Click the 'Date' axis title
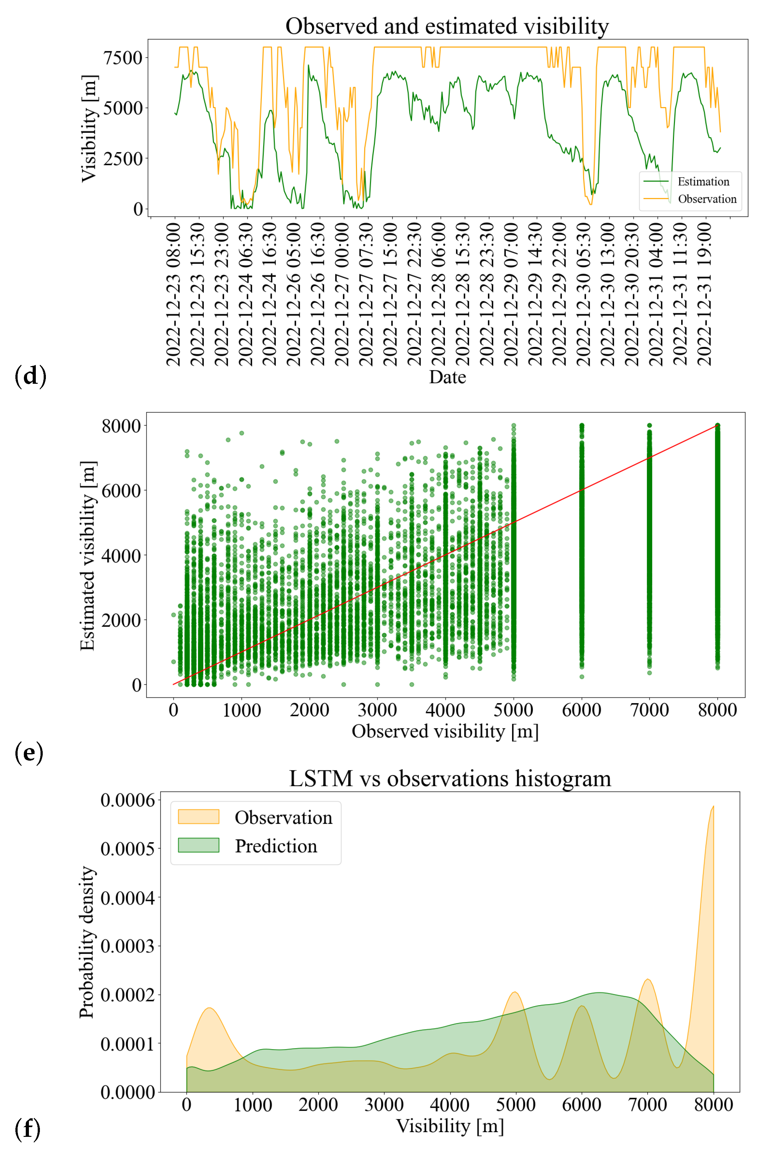pos(447,377)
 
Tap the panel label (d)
pos(30,376)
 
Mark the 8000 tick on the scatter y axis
pos(121,426)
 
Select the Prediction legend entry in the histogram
pos(276,846)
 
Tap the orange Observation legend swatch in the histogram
pos(199,817)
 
